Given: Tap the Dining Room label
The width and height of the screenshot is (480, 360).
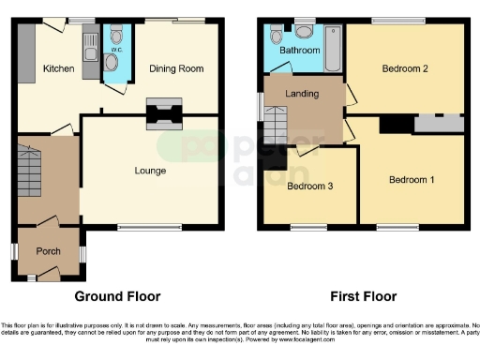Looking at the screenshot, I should tap(176, 68).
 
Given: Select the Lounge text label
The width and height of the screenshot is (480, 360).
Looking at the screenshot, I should tap(150, 171).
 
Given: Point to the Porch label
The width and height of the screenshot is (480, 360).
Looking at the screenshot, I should tap(48, 251).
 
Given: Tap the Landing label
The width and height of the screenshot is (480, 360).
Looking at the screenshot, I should tap(303, 94).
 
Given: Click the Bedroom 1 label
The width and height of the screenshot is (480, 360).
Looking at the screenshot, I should tap(412, 179).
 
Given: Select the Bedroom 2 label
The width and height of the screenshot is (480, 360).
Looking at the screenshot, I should tap(405, 68).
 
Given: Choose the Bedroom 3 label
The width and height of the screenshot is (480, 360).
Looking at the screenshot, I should tap(309, 186).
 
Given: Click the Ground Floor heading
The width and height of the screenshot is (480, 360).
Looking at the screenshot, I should tap(117, 296).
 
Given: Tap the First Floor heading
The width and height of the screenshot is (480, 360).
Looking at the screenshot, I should tap(363, 296).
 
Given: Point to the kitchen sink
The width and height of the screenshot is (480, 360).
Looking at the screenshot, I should tap(90, 43).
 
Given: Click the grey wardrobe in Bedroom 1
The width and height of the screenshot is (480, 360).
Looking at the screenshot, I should tap(438, 123).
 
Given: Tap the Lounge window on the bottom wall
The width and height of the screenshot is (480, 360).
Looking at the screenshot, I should tap(150, 226).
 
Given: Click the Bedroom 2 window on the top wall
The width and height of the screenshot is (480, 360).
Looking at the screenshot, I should tap(395, 21).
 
